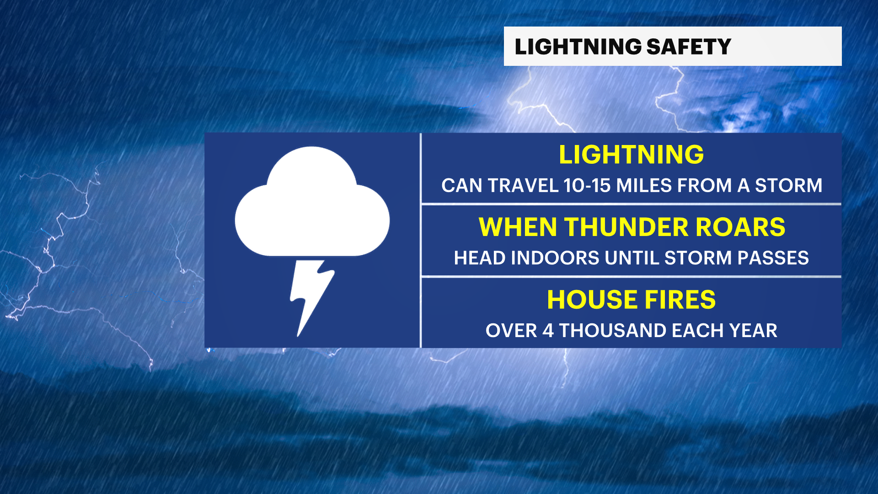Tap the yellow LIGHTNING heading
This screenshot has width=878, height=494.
tap(631, 155)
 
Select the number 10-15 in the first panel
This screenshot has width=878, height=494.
tap(587, 186)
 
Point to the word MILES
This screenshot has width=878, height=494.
tap(644, 186)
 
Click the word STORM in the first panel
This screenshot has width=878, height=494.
tap(788, 186)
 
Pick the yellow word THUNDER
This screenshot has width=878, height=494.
tap(626, 227)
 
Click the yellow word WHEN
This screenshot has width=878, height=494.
tap(518, 227)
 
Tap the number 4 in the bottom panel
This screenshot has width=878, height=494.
tap(548, 331)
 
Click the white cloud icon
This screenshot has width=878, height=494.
tap(312, 202)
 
